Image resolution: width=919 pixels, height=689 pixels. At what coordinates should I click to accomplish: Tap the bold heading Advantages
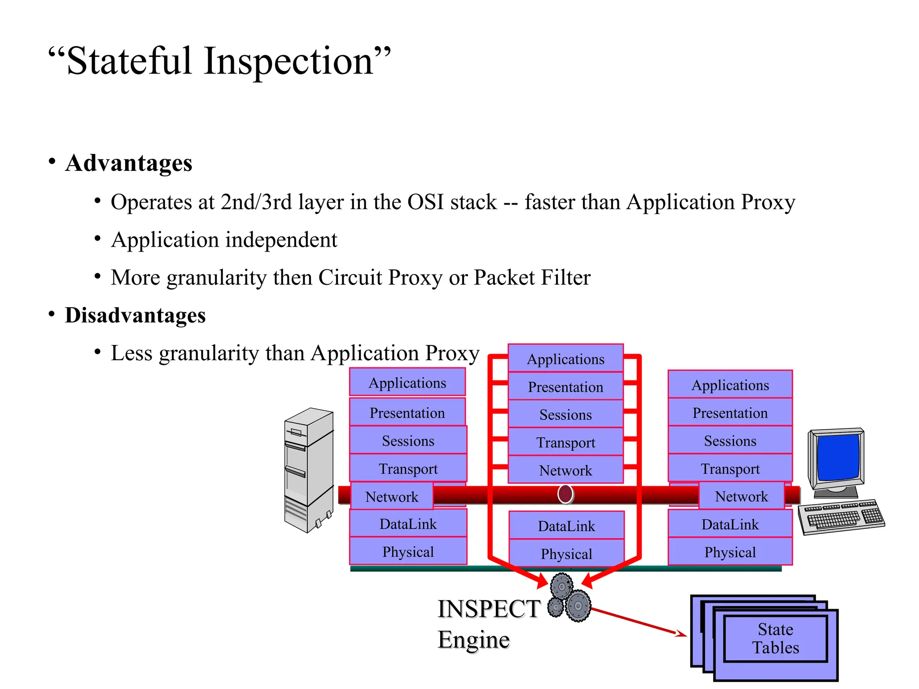click(129, 163)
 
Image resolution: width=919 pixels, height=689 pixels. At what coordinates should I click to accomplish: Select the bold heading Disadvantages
click(135, 315)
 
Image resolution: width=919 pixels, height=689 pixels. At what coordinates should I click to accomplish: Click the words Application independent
click(224, 240)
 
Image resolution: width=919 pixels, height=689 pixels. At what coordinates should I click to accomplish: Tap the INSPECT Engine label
click(488, 624)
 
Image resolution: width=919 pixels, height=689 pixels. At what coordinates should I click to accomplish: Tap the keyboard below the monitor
click(842, 517)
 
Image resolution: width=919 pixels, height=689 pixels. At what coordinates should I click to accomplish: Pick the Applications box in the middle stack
click(565, 359)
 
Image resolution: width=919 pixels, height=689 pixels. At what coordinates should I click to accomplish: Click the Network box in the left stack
click(392, 497)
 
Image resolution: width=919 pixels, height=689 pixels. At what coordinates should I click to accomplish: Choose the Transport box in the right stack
click(730, 469)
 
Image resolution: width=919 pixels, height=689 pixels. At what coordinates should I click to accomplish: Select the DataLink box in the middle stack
click(566, 526)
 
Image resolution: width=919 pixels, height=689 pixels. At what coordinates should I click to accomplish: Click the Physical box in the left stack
click(408, 552)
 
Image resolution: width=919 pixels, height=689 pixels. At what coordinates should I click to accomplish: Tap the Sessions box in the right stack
click(730, 440)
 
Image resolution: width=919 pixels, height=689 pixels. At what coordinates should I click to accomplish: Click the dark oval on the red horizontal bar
click(565, 494)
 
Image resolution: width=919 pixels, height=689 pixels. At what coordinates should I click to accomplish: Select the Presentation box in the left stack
click(407, 413)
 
